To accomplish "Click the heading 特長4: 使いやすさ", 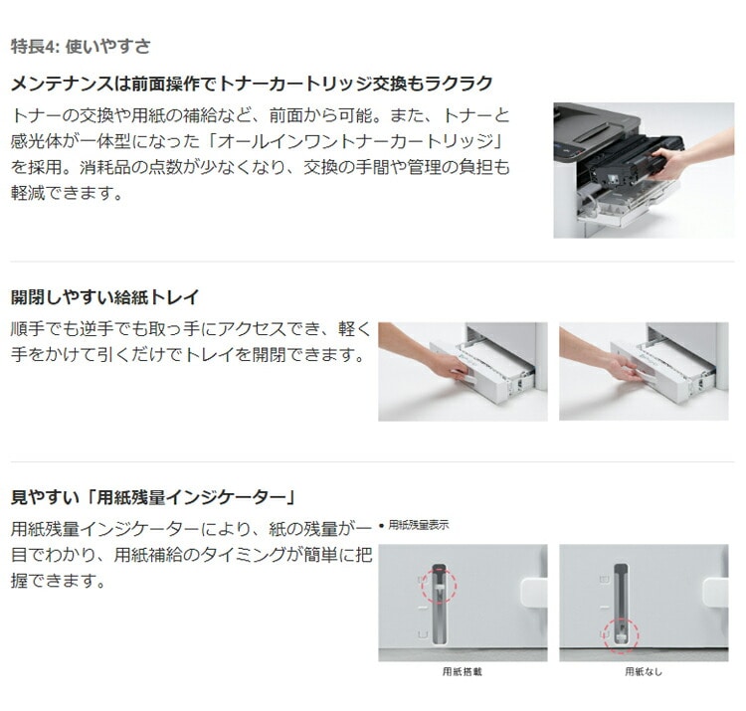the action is (x=81, y=46).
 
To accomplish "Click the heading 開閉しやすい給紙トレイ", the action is (x=104, y=297).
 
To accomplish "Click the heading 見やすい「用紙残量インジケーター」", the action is (x=153, y=497).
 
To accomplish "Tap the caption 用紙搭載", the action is (x=462, y=671).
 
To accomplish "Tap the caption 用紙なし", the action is (x=644, y=671).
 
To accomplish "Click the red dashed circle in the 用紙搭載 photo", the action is (x=439, y=586).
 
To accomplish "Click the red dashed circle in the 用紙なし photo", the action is (x=621, y=635).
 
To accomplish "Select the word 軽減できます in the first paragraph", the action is (x=62, y=193).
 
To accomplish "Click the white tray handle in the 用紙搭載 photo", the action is (x=534, y=593).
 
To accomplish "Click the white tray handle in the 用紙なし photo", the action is (x=715, y=593).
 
